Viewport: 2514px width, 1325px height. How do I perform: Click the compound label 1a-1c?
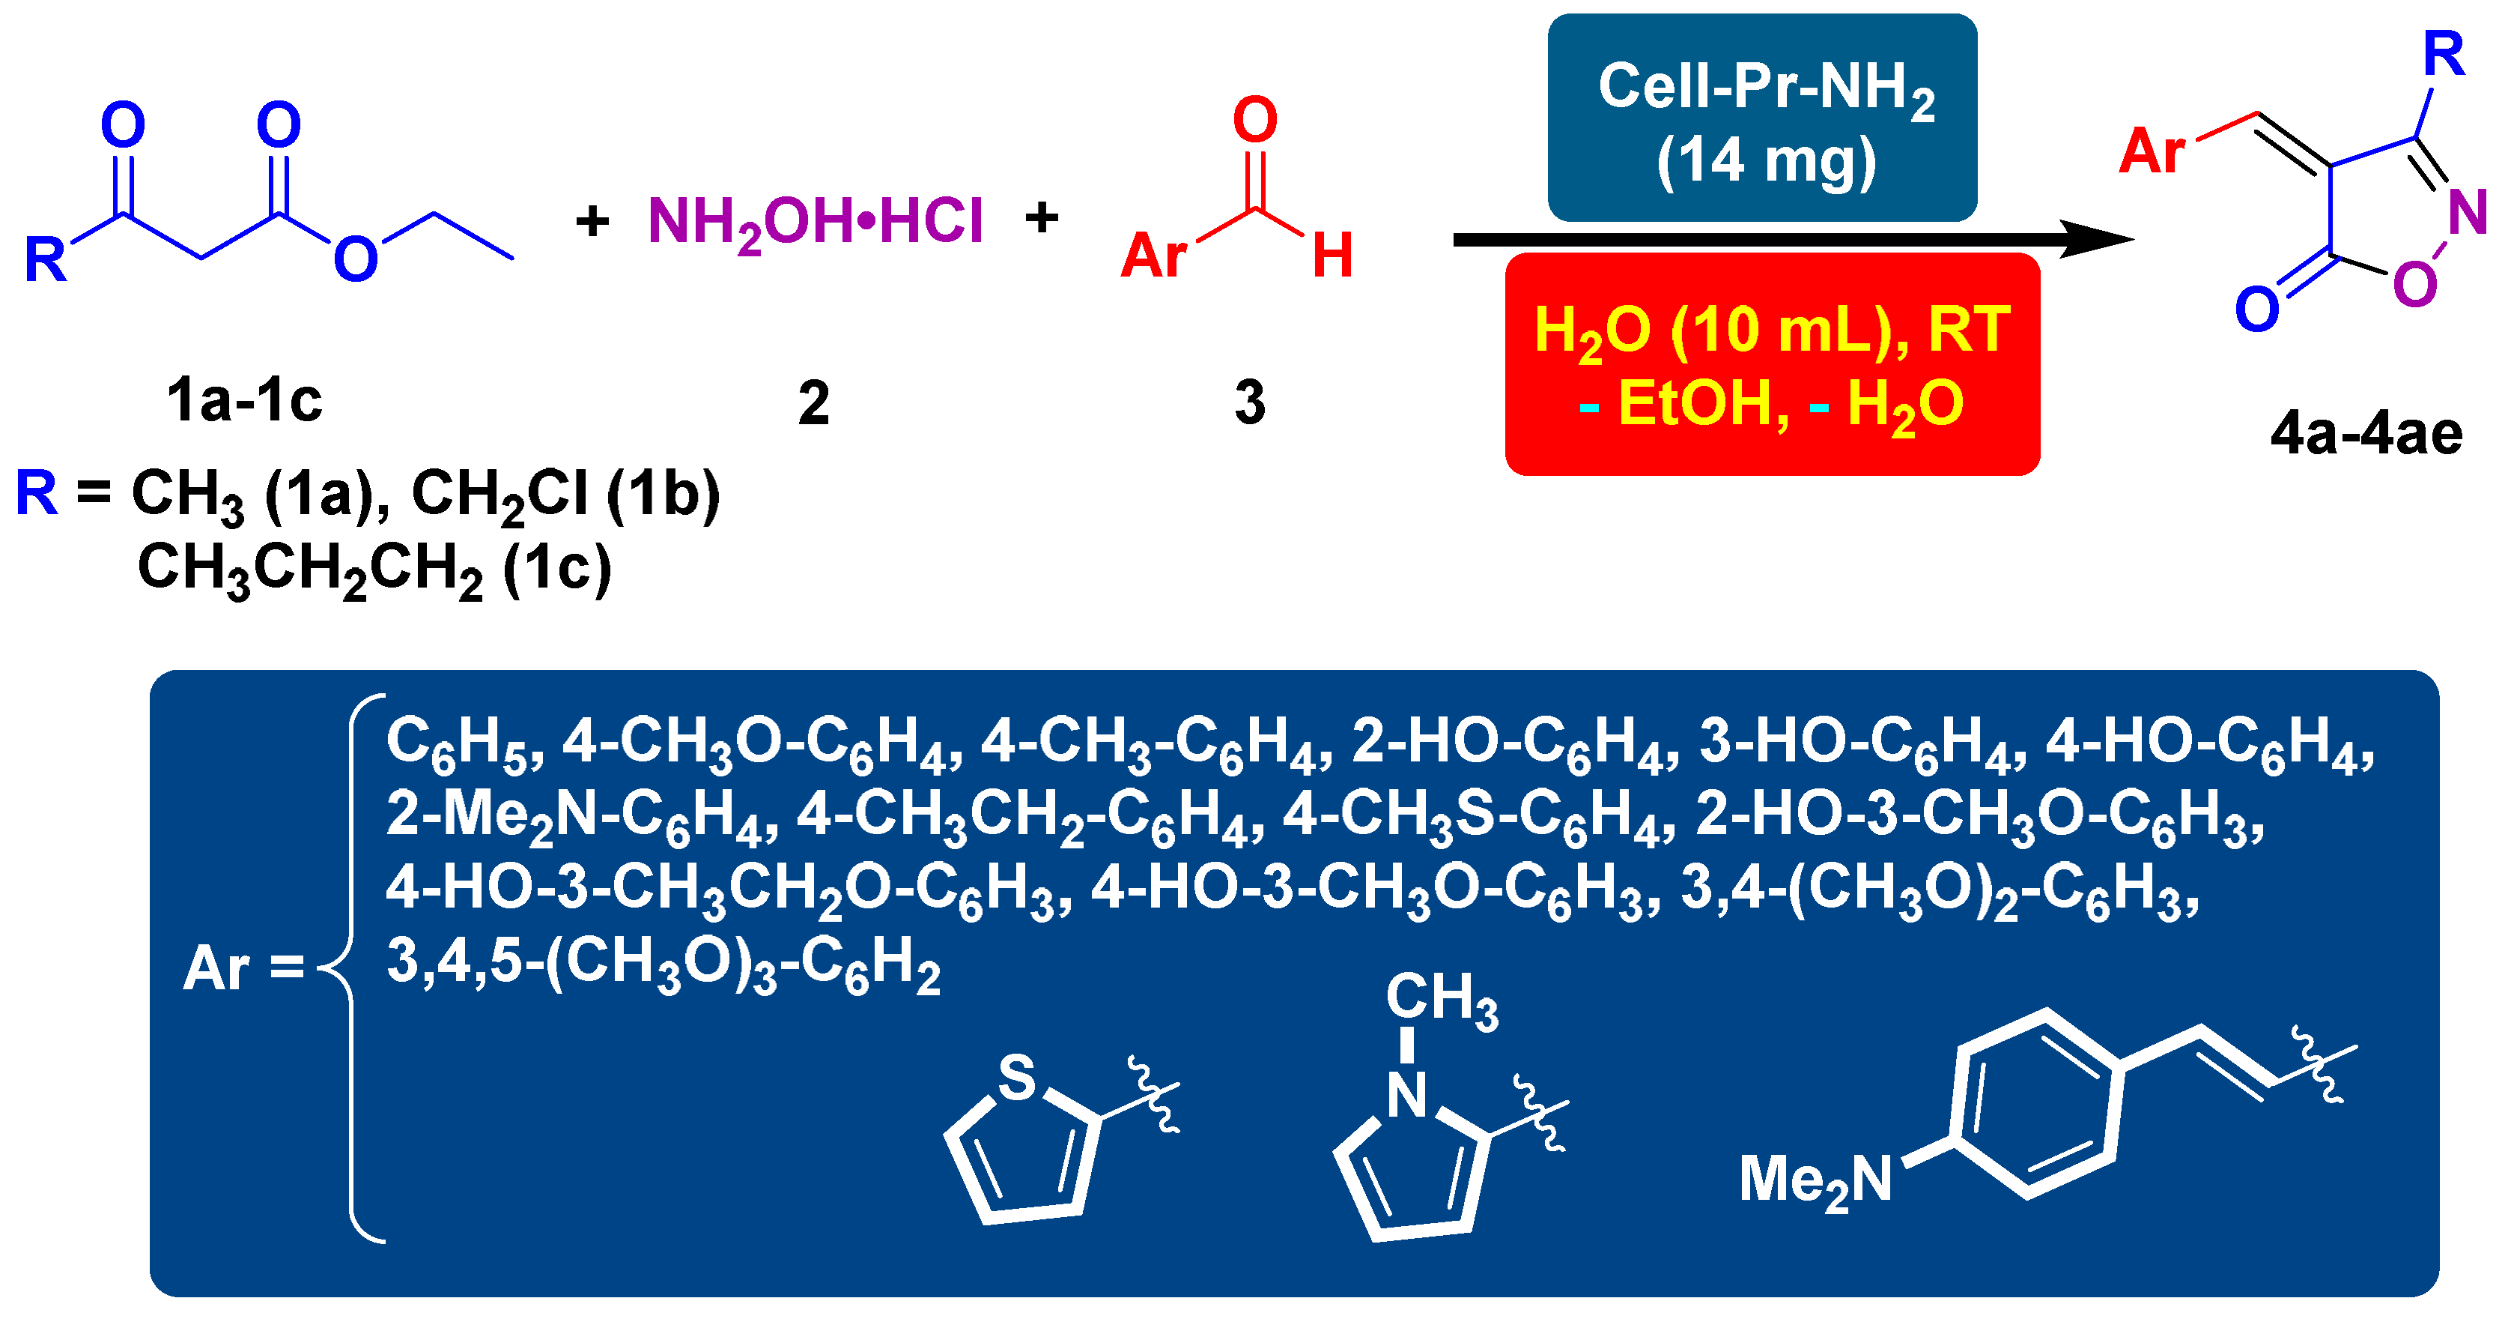coord(244,399)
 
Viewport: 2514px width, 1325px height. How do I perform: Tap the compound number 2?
coord(813,402)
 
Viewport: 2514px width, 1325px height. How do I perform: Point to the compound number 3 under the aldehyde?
coord(1249,402)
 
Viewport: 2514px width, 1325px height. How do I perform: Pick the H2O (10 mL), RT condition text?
coord(1771,330)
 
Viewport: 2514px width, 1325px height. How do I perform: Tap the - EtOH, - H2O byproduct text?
coord(1771,403)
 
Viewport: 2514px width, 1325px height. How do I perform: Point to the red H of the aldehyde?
coord(1332,256)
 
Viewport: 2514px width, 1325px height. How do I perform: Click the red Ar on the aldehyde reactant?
coord(1153,256)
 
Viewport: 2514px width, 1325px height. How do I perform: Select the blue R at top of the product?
coord(2444,54)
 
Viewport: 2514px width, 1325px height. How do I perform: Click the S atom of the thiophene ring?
coord(1016,1077)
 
